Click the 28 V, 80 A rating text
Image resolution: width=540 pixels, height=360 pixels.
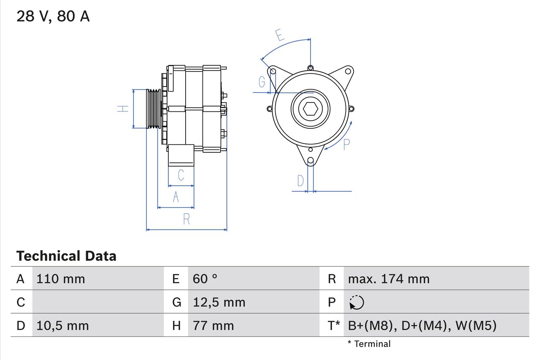53,16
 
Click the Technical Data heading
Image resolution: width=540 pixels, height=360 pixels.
66,256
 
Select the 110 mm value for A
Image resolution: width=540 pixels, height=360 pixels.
61,279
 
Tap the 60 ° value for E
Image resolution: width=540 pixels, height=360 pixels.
205,279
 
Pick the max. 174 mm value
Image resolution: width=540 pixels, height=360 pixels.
389,279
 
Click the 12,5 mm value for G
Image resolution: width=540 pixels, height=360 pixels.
219,302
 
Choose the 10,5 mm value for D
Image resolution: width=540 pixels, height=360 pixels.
62,326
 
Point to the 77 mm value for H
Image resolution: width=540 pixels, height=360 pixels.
213,326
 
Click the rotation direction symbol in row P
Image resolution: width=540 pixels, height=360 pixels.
356,303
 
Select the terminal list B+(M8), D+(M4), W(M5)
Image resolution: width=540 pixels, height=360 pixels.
422,326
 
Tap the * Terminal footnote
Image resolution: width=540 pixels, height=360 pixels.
369,344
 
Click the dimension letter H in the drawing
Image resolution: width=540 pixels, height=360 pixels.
123,108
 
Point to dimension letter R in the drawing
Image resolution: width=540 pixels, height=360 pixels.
186,219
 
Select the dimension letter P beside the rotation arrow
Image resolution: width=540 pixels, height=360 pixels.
346,144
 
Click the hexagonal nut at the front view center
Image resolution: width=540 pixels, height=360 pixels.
310,109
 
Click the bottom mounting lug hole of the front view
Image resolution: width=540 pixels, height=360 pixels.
310,160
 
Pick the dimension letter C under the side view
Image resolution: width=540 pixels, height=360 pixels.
181,175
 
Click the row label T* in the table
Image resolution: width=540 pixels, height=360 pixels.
334,326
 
